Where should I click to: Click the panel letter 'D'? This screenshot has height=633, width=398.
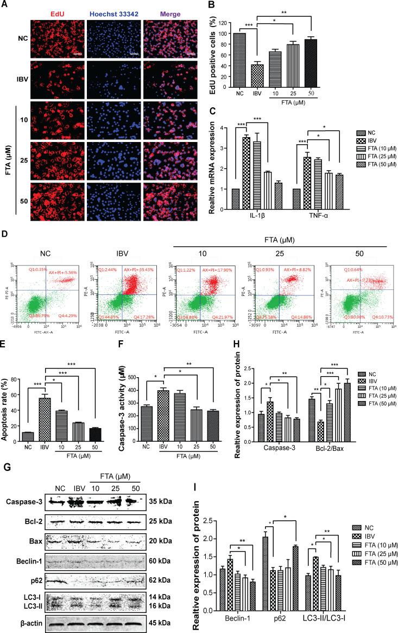(5, 236)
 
